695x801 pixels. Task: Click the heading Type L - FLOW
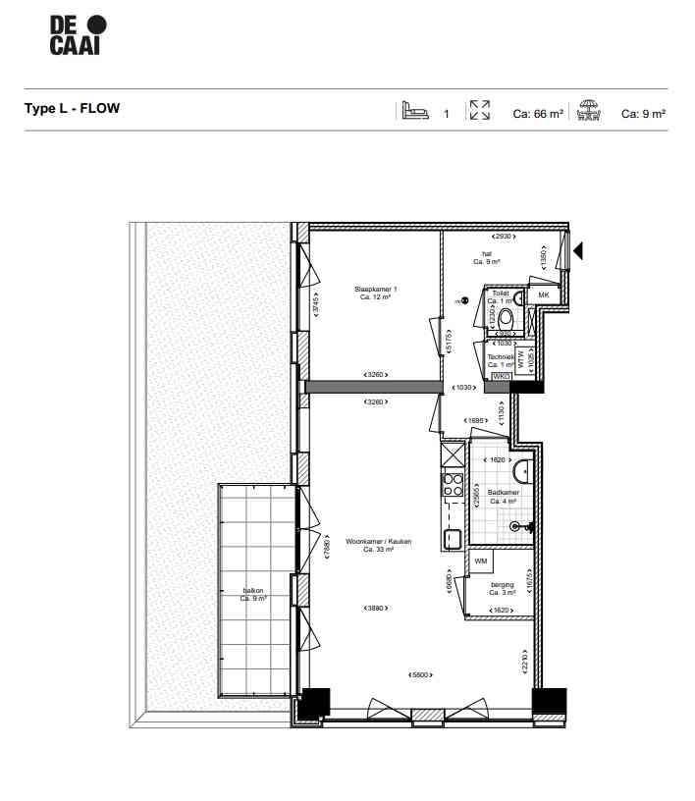tap(72, 109)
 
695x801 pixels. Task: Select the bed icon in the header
tap(413, 111)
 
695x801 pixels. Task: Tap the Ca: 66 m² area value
tap(538, 114)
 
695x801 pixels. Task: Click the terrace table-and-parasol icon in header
tap(589, 111)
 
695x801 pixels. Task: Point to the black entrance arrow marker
tap(578, 252)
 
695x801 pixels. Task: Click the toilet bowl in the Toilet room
tap(507, 317)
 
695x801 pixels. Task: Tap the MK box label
tap(542, 295)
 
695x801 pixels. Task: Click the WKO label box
tap(500, 376)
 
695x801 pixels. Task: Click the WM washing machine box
tap(481, 561)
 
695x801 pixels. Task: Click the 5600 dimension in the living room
tap(421, 674)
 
